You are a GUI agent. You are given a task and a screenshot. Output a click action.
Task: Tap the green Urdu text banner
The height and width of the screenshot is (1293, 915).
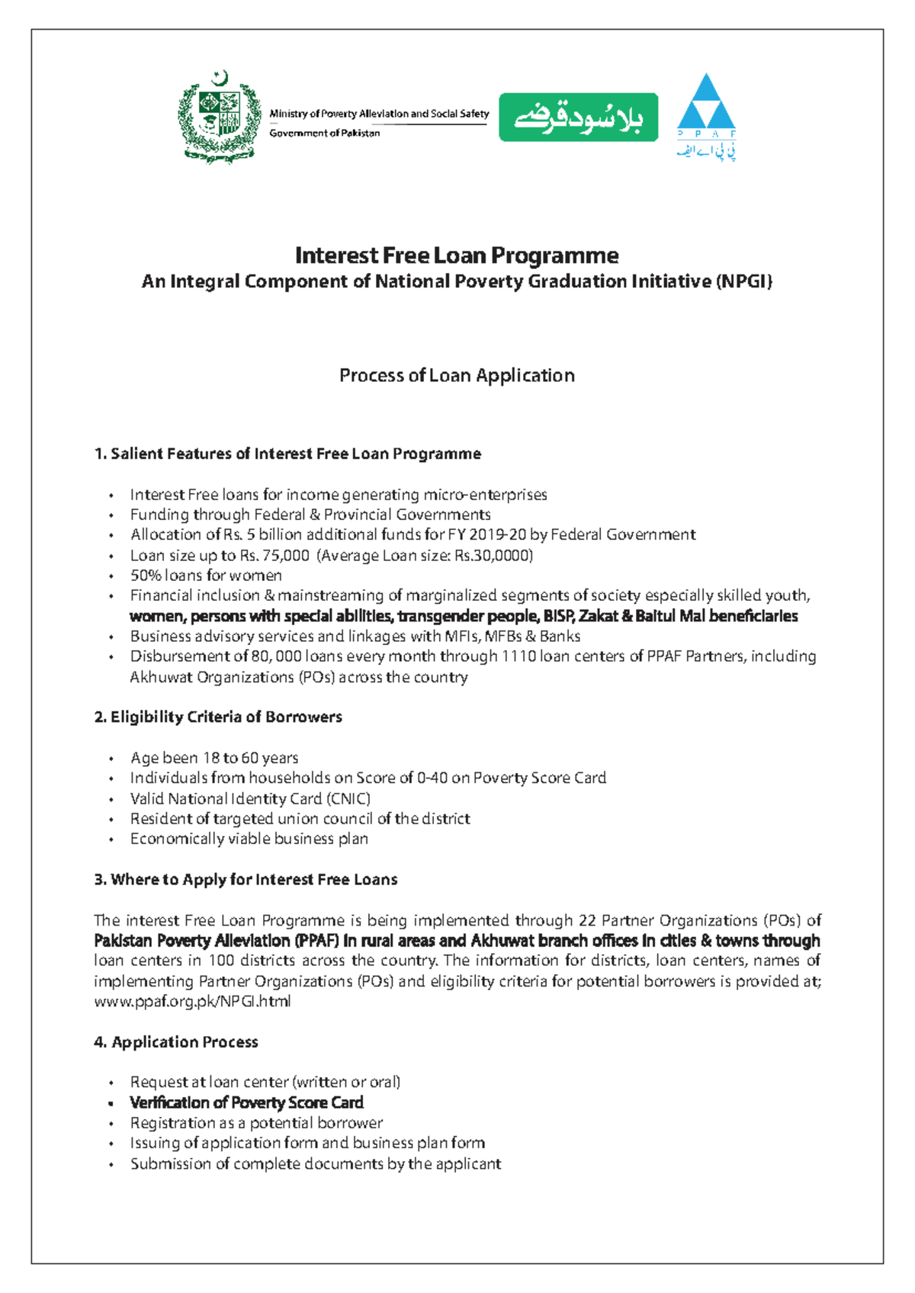pyautogui.click(x=578, y=117)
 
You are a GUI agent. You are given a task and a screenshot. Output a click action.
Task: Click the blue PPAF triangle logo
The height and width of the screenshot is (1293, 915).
pyautogui.click(x=706, y=103)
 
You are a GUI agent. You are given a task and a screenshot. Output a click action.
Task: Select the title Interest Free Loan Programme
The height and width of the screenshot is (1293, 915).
pyautogui.click(x=457, y=255)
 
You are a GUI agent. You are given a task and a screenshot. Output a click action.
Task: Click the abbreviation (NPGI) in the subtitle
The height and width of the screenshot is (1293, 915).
pyautogui.click(x=743, y=281)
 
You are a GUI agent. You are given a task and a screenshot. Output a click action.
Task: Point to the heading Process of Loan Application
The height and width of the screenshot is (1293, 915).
pyautogui.click(x=457, y=375)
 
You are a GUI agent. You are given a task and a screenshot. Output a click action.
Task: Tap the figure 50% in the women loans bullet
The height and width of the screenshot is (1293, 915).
pyautogui.click(x=146, y=575)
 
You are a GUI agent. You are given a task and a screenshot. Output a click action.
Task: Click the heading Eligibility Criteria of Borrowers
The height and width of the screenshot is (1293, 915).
pyautogui.click(x=218, y=717)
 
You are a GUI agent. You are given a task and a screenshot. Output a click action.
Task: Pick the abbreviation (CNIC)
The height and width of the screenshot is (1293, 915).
pyautogui.click(x=348, y=798)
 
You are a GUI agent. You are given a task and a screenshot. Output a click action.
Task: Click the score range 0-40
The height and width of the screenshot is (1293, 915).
pyautogui.click(x=432, y=778)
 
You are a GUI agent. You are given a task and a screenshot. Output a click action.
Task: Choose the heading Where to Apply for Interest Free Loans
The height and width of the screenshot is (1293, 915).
pyautogui.click(x=246, y=879)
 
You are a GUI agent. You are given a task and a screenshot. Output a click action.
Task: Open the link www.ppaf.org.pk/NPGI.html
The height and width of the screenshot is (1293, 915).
pyautogui.click(x=192, y=1001)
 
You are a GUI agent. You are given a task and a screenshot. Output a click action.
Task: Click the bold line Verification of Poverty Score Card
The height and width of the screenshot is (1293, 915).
pyautogui.click(x=246, y=1102)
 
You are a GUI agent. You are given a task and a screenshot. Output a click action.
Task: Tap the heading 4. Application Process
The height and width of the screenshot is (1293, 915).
pyautogui.click(x=176, y=1041)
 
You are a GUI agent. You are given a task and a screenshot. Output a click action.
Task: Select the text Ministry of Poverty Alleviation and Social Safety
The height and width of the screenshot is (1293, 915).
pyautogui.click(x=379, y=114)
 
